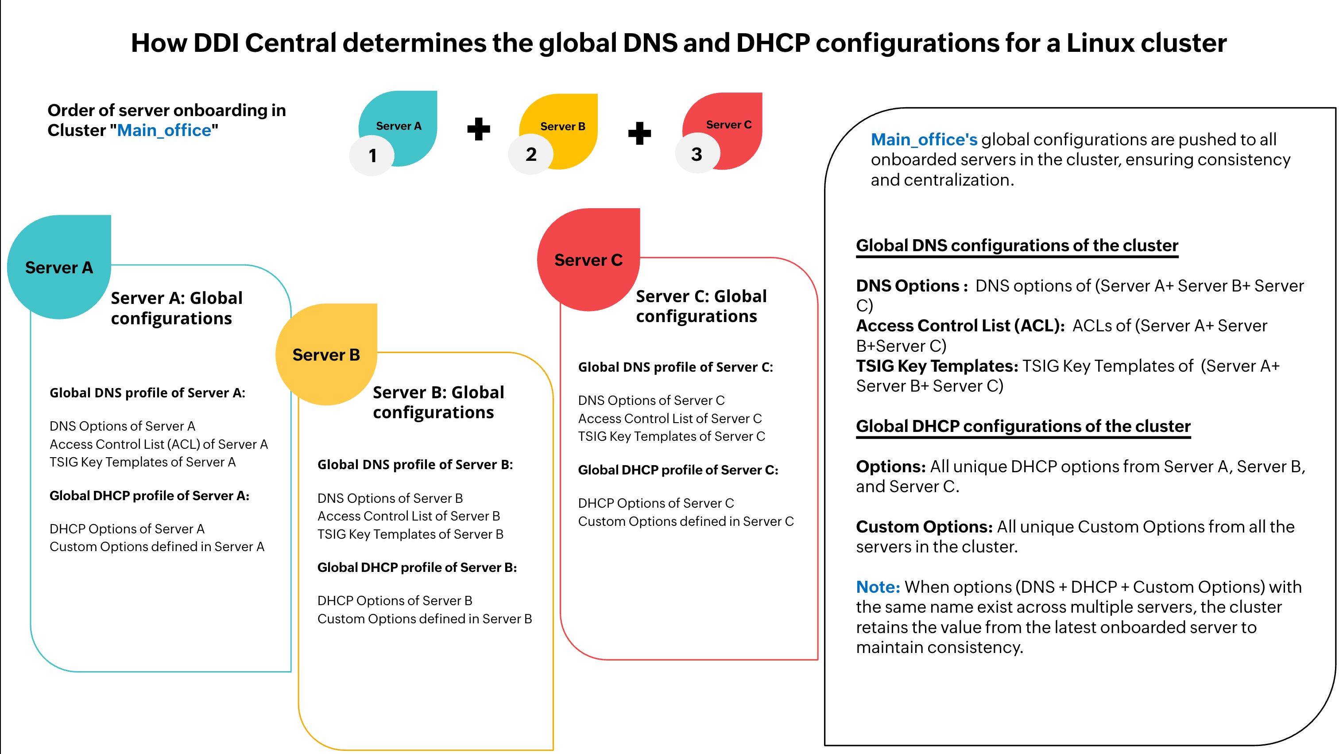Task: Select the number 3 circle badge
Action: pyautogui.click(x=697, y=154)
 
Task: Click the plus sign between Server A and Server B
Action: pyautogui.click(x=478, y=129)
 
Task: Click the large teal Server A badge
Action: pyautogui.click(x=59, y=267)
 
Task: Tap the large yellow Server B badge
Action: pyautogui.click(x=326, y=355)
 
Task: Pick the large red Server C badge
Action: pyautogui.click(x=588, y=260)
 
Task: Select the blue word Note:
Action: pyautogui.click(x=878, y=587)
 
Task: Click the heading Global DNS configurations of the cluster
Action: pyautogui.click(x=1017, y=245)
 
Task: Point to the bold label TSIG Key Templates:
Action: pyautogui.click(x=937, y=365)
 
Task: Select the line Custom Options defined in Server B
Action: pyautogui.click(x=425, y=618)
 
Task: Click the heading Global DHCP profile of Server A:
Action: pyautogui.click(x=149, y=496)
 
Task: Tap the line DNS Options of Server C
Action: pyautogui.click(x=651, y=400)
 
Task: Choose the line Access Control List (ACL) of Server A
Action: pyautogui.click(x=159, y=443)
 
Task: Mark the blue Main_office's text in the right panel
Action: pyautogui.click(x=924, y=140)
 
